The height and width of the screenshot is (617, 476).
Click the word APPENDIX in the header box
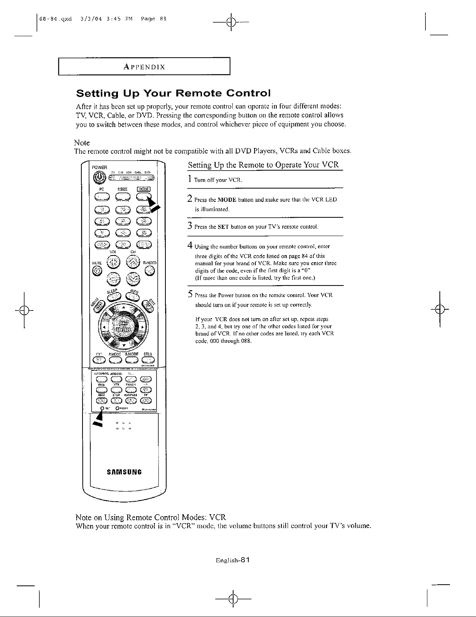(144, 67)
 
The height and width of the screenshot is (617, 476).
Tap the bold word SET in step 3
(223, 227)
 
